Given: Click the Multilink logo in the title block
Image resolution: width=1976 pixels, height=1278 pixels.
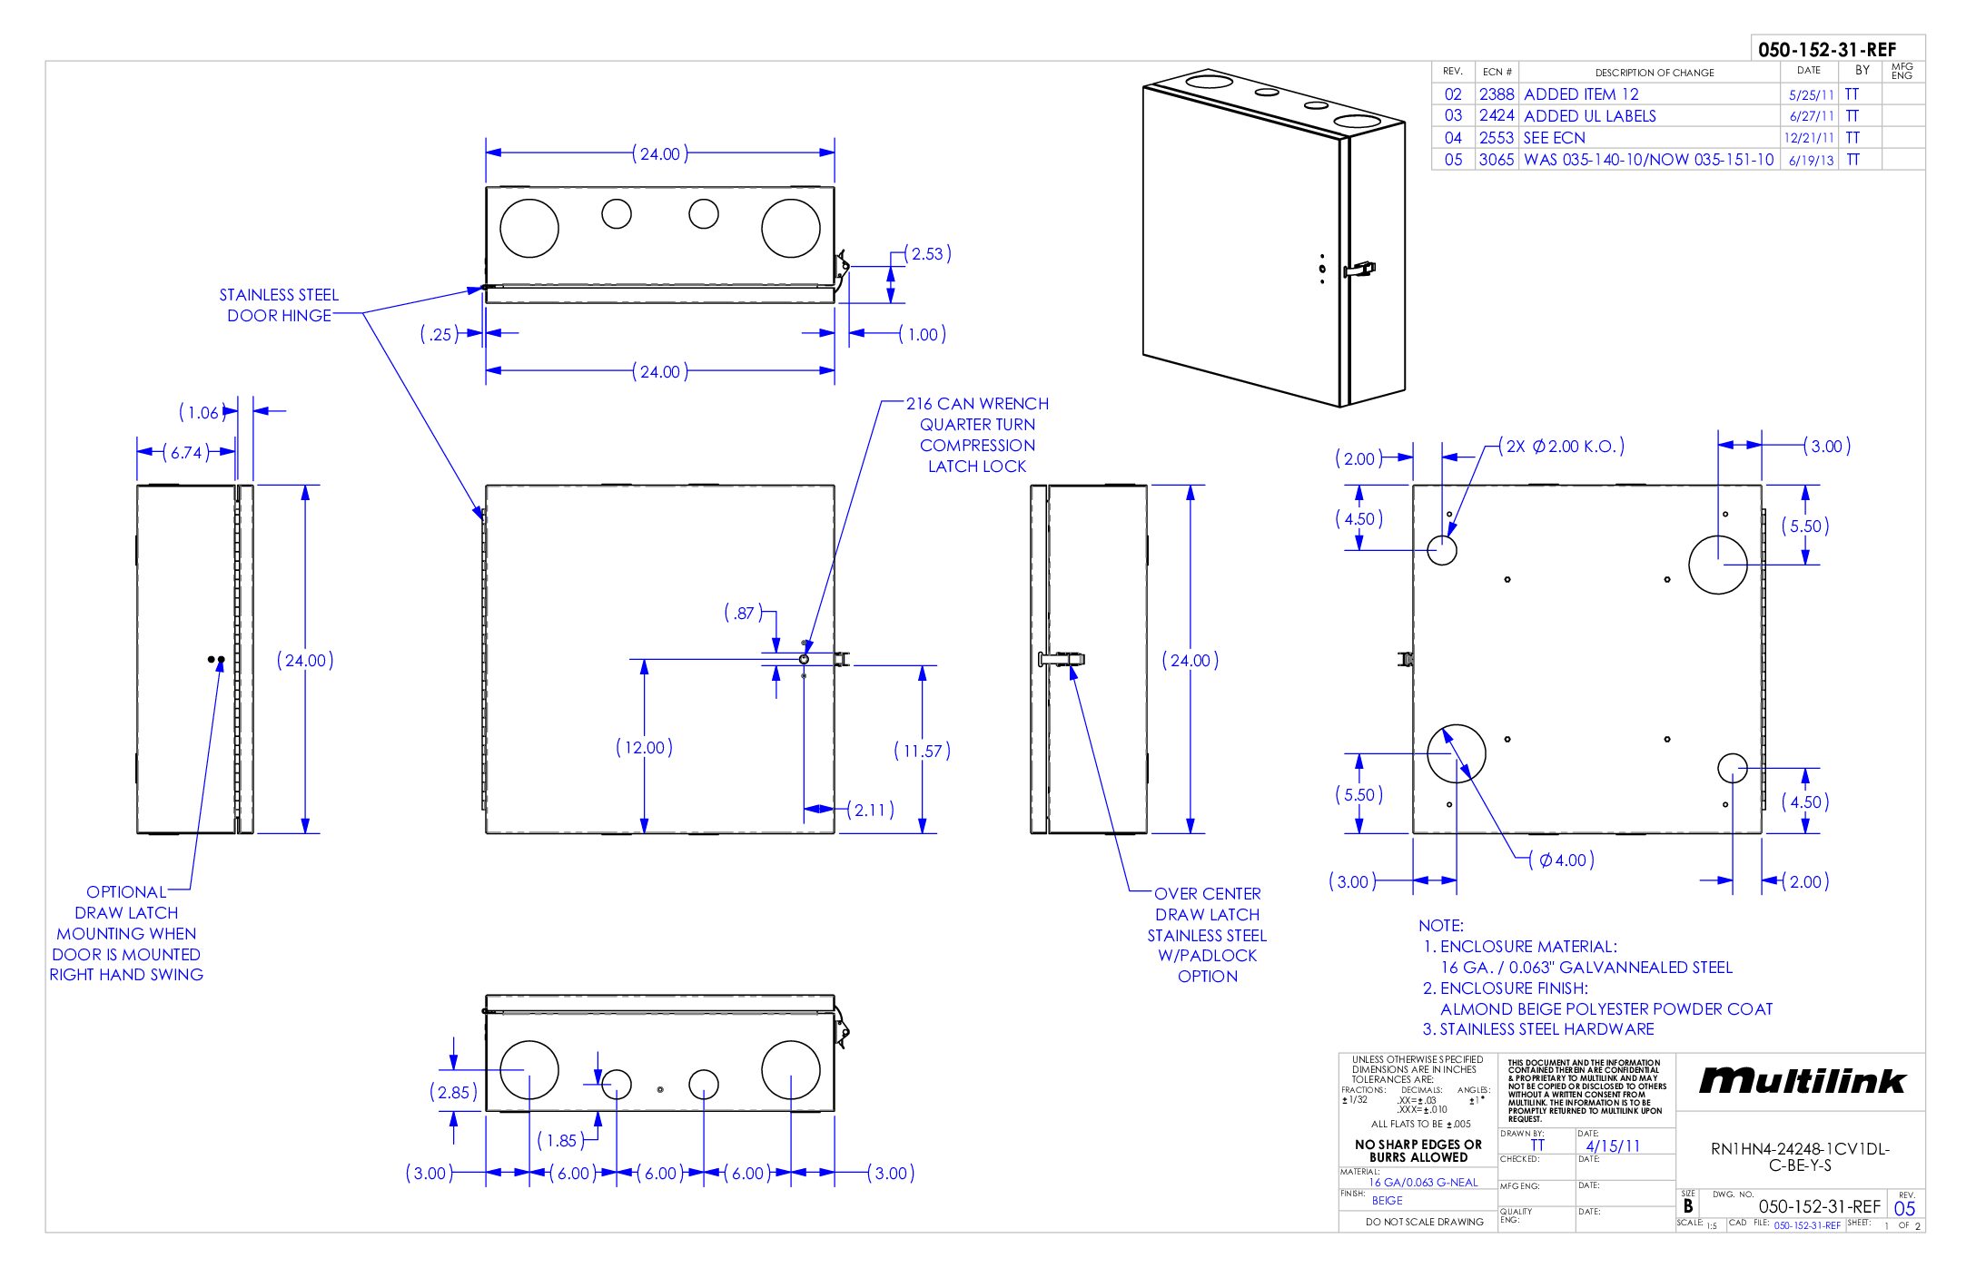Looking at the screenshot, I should tap(1802, 1081).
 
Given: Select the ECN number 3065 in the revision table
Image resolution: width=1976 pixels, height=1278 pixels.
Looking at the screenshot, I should tap(1497, 160).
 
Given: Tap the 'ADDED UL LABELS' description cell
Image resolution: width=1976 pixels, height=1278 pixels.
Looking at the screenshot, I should tap(1590, 116).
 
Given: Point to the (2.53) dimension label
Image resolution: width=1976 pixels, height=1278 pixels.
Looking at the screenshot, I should tap(927, 254).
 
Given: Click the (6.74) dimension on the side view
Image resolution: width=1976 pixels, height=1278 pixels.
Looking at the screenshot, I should tap(186, 452).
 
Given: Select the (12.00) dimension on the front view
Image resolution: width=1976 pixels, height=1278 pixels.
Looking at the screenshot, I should tap(644, 748).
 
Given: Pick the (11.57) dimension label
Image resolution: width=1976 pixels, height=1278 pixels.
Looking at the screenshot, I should tap(922, 751).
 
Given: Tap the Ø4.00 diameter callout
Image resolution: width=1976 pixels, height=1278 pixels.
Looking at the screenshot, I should tap(1562, 860).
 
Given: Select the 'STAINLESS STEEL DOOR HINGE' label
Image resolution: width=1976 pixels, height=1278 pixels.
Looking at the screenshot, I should tap(279, 305).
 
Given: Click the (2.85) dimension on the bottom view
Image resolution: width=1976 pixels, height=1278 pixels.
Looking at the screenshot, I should tap(453, 1092).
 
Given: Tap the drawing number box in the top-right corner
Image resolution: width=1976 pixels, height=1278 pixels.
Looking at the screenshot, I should tap(1827, 50).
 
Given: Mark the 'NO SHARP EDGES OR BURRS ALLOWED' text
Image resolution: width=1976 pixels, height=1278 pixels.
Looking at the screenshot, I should tap(1418, 1151).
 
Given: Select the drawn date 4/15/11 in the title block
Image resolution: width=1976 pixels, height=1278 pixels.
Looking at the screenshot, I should tap(1613, 1146).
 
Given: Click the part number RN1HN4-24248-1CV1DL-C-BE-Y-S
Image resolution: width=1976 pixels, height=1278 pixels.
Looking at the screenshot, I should tap(1800, 1156).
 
